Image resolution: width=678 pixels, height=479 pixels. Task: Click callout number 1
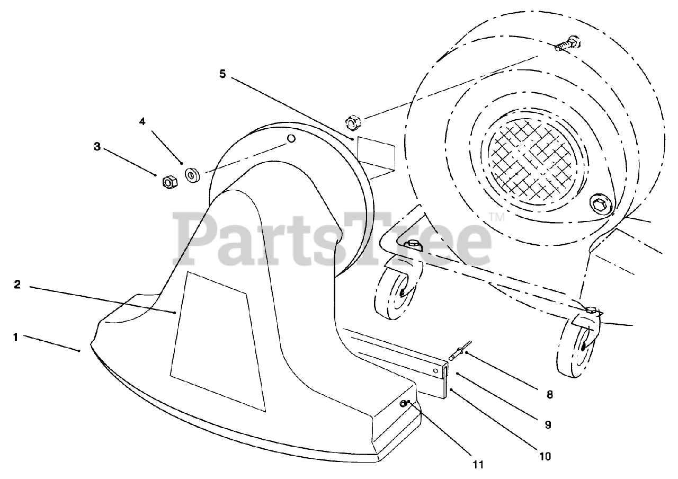point(16,337)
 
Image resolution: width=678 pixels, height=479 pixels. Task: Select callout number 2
point(17,285)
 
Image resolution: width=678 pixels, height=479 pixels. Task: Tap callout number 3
point(97,147)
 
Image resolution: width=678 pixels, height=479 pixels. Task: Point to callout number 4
point(142,121)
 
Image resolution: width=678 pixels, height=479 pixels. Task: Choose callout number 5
point(222,74)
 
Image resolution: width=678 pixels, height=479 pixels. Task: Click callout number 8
point(549,394)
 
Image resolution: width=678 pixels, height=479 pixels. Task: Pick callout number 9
point(548,424)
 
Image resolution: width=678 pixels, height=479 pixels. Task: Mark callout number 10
point(546,455)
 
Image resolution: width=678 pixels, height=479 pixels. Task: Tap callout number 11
point(478,465)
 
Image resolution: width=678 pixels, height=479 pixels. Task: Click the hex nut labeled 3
point(169,182)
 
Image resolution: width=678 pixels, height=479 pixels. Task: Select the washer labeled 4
point(191,175)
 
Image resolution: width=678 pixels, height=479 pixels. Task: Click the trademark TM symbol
point(496,217)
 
